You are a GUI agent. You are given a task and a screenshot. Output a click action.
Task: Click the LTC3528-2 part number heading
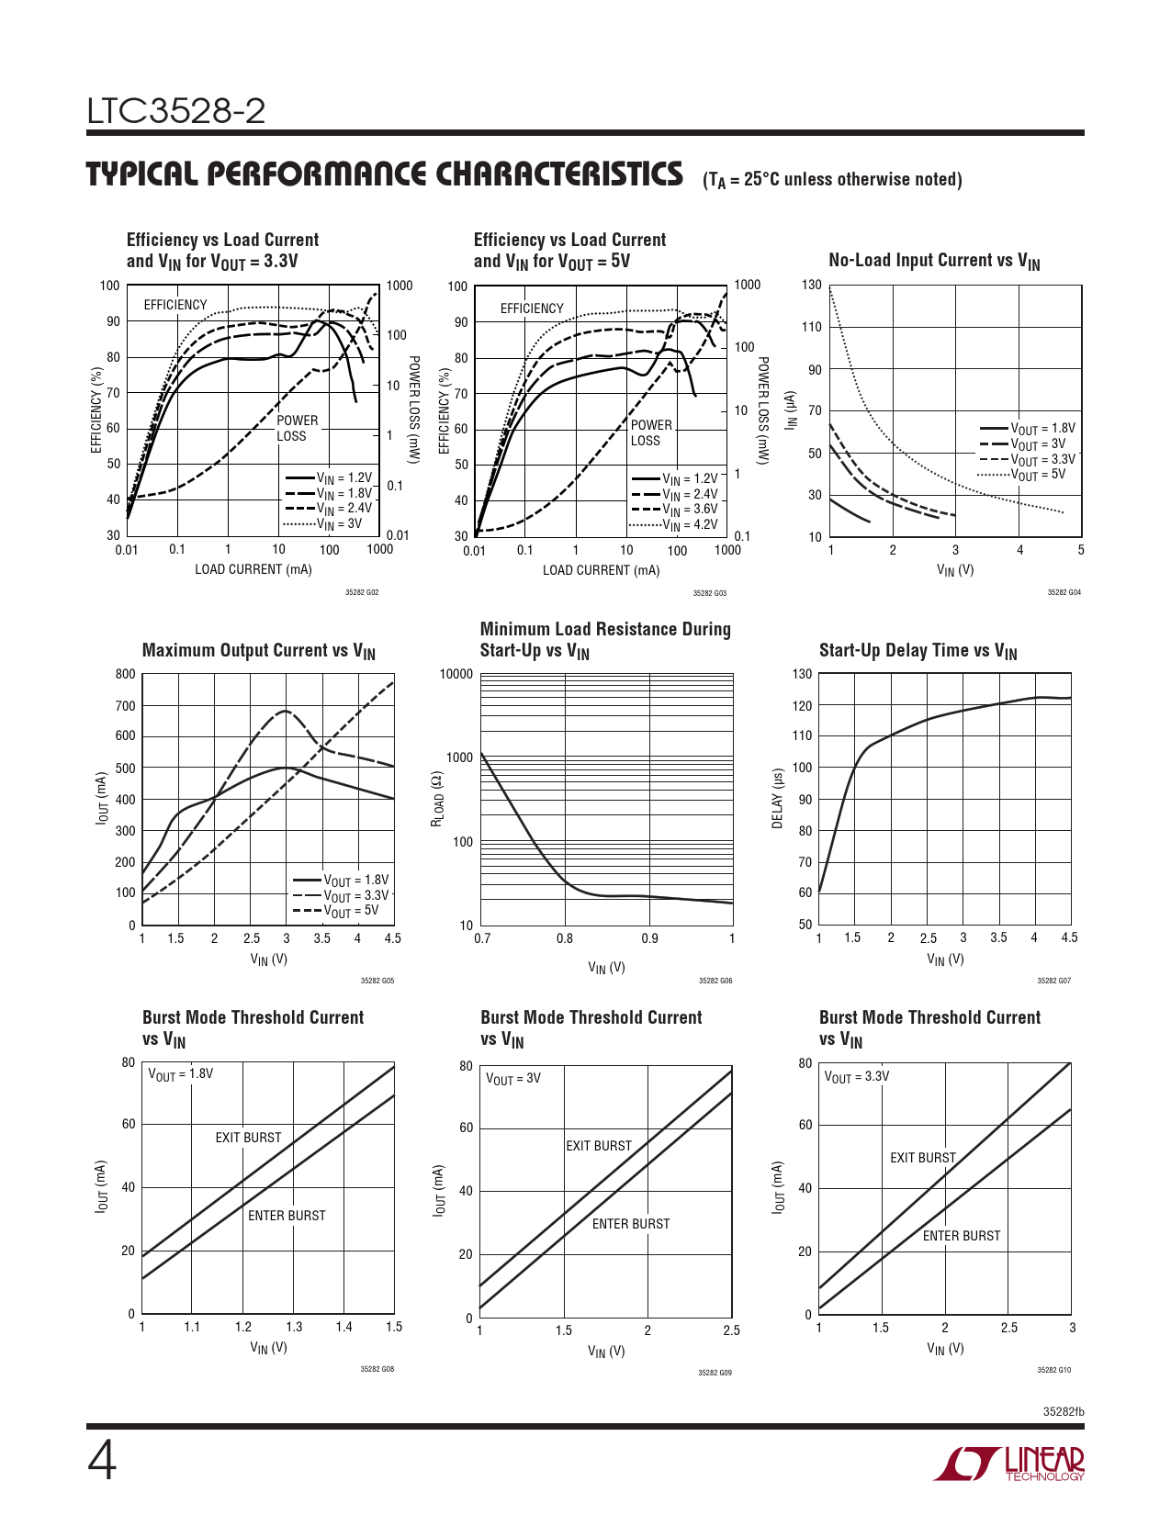(x=176, y=112)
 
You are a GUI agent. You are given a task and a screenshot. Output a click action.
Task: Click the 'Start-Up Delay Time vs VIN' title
(x=918, y=651)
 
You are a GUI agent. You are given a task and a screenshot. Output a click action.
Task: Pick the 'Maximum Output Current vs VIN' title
(x=258, y=651)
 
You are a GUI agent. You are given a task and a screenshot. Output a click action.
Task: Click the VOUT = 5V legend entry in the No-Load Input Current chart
(x=1038, y=475)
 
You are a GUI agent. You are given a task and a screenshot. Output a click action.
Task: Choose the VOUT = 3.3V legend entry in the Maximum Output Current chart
(x=355, y=895)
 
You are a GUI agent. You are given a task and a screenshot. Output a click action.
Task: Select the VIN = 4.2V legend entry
(x=690, y=525)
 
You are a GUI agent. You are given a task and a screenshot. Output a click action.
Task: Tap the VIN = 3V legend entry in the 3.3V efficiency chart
(x=339, y=524)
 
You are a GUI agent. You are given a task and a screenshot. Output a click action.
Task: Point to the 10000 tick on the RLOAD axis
(x=456, y=674)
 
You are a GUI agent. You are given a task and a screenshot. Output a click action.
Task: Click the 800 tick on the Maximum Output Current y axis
(x=126, y=674)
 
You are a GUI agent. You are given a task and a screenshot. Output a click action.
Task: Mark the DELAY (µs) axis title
(x=778, y=798)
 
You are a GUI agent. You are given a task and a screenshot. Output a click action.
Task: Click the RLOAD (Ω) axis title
(x=438, y=798)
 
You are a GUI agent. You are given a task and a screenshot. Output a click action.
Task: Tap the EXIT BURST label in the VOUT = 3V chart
(x=599, y=1146)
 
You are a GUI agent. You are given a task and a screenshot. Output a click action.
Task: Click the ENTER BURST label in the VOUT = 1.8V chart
(x=287, y=1216)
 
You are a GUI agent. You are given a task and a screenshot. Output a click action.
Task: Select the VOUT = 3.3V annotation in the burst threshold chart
(x=856, y=1077)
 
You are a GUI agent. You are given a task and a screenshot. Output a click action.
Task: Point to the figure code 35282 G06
(x=715, y=981)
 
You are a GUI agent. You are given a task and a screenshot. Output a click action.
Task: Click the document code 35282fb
(x=1063, y=1411)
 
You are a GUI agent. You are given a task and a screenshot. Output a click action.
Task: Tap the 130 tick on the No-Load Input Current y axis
(x=812, y=286)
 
